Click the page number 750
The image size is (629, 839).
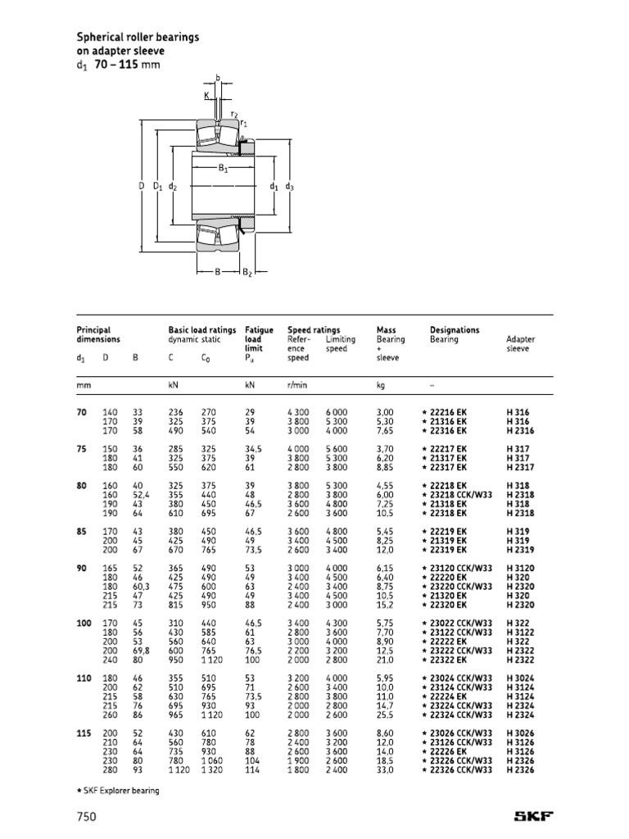pyautogui.click(x=87, y=816)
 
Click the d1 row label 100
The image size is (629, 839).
pyautogui.click(x=83, y=624)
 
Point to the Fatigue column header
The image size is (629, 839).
pyautogui.click(x=259, y=330)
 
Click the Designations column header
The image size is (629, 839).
pyautogui.click(x=455, y=330)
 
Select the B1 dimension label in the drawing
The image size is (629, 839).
pyautogui.click(x=222, y=169)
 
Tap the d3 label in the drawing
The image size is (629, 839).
pyautogui.click(x=289, y=187)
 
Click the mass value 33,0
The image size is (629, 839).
pyautogui.click(x=385, y=770)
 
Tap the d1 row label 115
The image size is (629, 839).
pyautogui.click(x=83, y=733)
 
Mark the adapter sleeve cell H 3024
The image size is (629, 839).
pyautogui.click(x=519, y=678)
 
